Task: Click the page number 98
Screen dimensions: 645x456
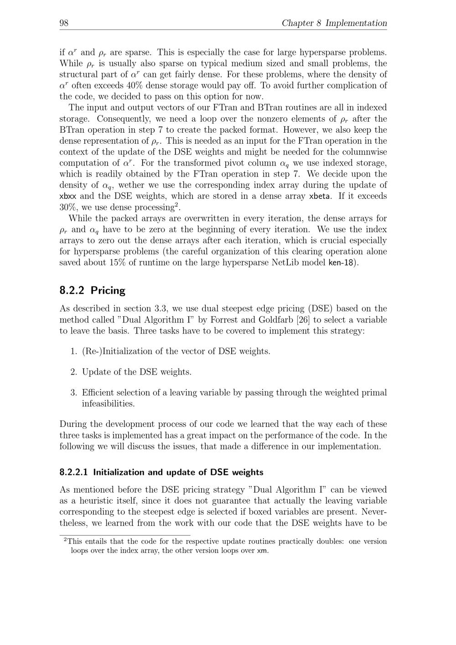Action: [64, 23]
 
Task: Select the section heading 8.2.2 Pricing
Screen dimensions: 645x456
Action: [92, 290]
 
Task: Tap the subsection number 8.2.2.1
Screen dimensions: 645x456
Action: [73, 472]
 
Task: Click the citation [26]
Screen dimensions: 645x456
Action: [303, 319]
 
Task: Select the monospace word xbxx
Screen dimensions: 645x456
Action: [68, 196]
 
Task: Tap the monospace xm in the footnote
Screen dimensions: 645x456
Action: [262, 551]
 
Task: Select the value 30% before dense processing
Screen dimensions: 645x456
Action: [68, 207]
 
